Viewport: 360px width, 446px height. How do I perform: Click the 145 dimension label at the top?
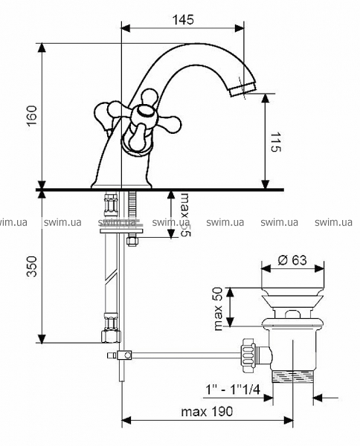pyautogui.click(x=183, y=19)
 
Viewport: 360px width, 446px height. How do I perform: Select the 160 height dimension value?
pyautogui.click(x=31, y=116)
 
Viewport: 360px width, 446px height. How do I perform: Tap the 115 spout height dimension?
pyautogui.click(x=275, y=141)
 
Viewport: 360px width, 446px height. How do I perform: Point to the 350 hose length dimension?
pyautogui.click(x=31, y=266)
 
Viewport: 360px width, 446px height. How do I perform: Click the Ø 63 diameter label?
pyautogui.click(x=292, y=259)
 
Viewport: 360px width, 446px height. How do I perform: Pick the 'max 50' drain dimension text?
pyautogui.click(x=218, y=308)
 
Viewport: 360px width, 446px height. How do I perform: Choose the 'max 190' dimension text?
pyautogui.click(x=207, y=411)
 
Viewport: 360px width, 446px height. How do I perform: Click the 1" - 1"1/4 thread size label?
pyautogui.click(x=233, y=390)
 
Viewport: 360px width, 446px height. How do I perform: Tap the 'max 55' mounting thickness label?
pyautogui.click(x=185, y=215)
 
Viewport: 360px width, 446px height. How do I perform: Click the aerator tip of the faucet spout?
pyautogui.click(x=242, y=88)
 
